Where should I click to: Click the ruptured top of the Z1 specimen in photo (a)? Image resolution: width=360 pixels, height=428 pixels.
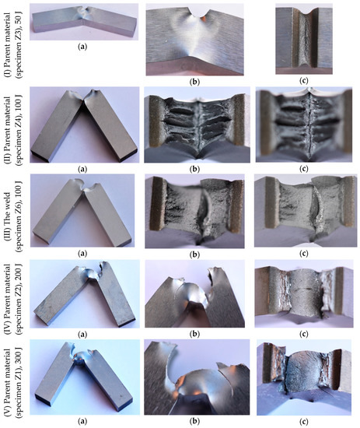tap(83, 356)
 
